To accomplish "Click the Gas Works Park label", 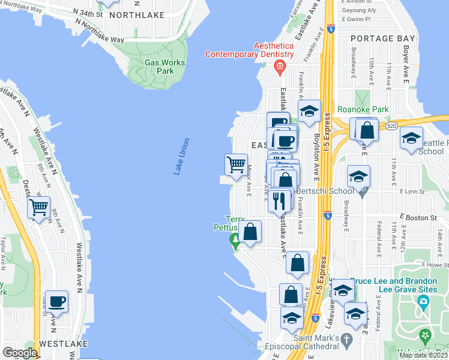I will pos(159,67).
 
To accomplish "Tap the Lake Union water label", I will pos(182,157).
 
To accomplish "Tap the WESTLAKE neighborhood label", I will pos(63,344).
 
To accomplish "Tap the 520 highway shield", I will pos(391,126).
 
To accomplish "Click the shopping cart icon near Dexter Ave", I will pos(39,208).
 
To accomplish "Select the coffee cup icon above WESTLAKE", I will pos(57,301).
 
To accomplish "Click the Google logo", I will pos(20,353).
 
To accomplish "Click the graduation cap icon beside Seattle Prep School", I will pos(411,139).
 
